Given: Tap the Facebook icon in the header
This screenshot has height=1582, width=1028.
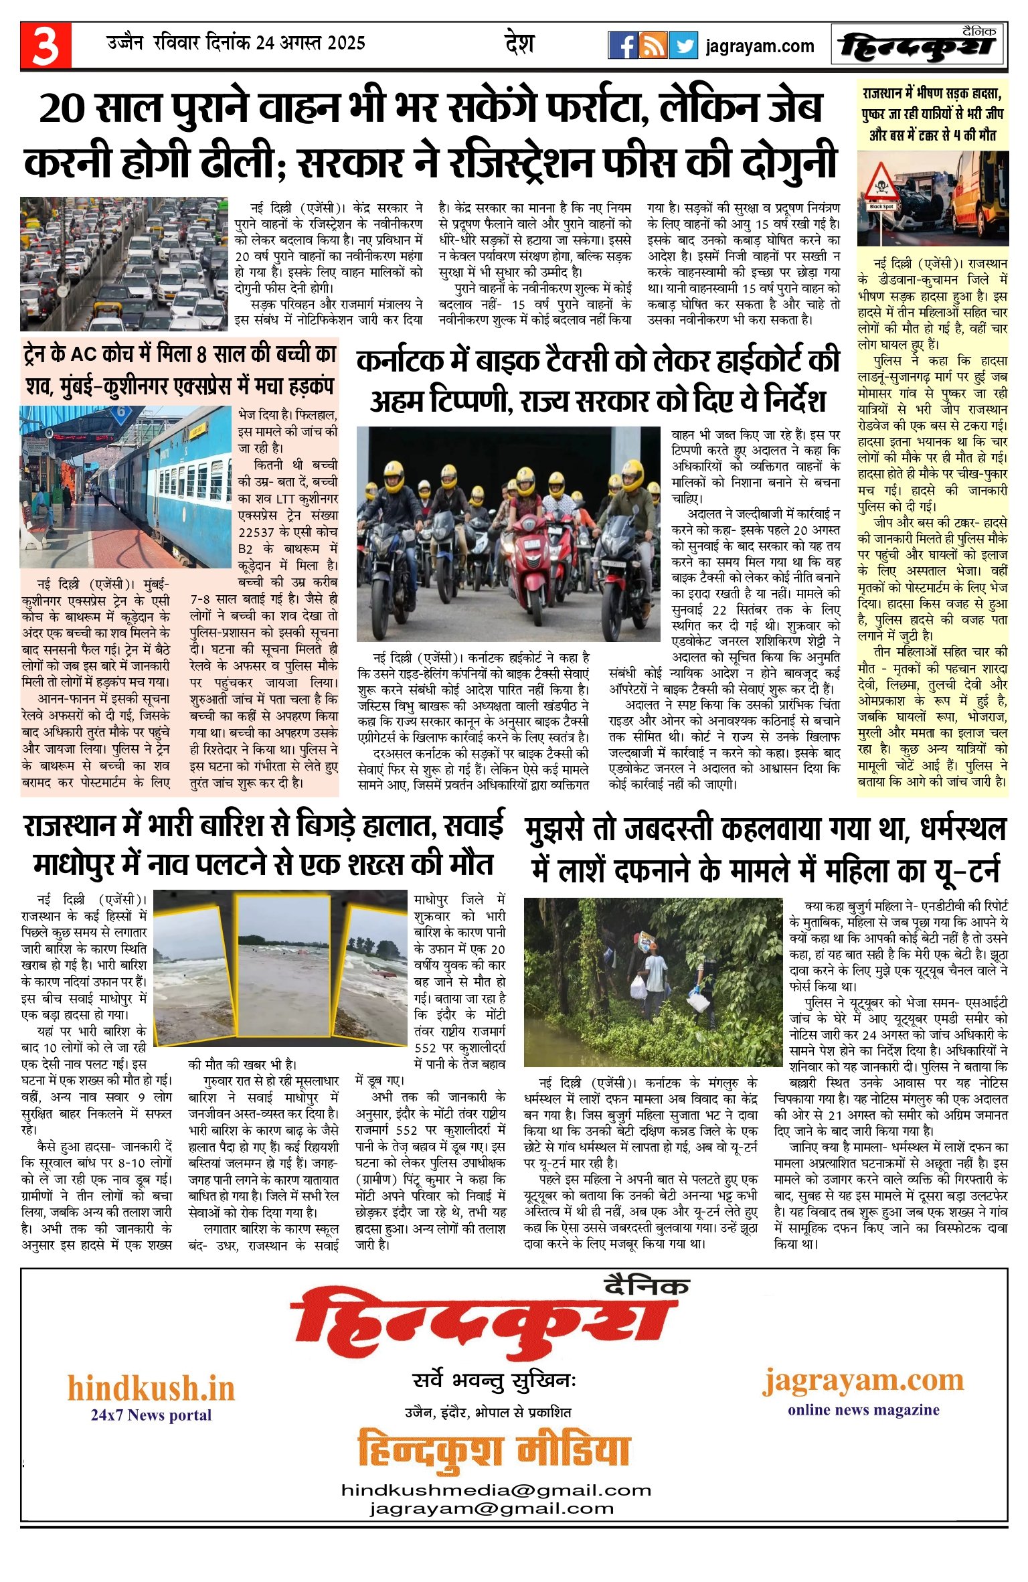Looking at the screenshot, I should pyautogui.click(x=622, y=46).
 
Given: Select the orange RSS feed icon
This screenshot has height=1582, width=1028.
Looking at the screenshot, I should pyautogui.click(x=653, y=46).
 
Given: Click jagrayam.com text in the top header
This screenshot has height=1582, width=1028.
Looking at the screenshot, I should pyautogui.click(x=760, y=46).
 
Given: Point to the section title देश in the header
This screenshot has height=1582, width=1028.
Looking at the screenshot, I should pyautogui.click(x=519, y=44).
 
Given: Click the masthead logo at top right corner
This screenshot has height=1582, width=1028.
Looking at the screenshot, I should pyautogui.click(x=918, y=46).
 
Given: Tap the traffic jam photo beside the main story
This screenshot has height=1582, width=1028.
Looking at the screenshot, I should pyautogui.click(x=124, y=264).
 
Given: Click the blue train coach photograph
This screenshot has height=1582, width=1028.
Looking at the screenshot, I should pyautogui.click(x=126, y=487).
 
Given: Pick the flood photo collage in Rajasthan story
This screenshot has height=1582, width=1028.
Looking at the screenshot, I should pyautogui.click(x=281, y=969).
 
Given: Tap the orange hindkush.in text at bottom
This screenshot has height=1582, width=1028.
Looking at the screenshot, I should pyautogui.click(x=151, y=1388).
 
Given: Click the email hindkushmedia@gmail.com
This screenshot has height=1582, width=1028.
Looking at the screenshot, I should pyautogui.click(x=496, y=1490).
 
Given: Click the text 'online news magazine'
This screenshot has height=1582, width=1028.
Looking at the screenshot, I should pyautogui.click(x=863, y=1410).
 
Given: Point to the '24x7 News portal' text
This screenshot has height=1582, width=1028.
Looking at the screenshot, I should pyautogui.click(x=151, y=1415).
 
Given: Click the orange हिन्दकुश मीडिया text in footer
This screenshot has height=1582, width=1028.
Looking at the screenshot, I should pyautogui.click(x=494, y=1451).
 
